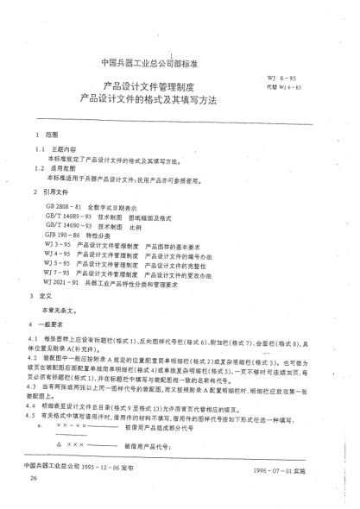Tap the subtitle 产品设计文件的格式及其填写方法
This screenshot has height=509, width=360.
coord(159,100)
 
